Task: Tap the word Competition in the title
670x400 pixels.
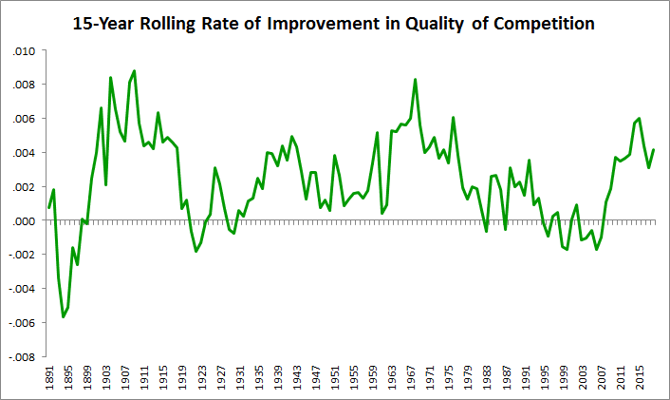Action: coord(536,23)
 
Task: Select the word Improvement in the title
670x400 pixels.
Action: coord(326,23)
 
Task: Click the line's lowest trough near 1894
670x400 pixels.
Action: coord(63,316)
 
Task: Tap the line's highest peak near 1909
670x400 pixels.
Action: coord(135,70)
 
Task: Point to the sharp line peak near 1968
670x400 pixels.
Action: coord(416,79)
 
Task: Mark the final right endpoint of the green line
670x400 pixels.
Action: coord(654,149)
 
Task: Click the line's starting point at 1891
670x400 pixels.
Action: coord(49,207)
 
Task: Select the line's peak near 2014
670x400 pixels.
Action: coord(640,118)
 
